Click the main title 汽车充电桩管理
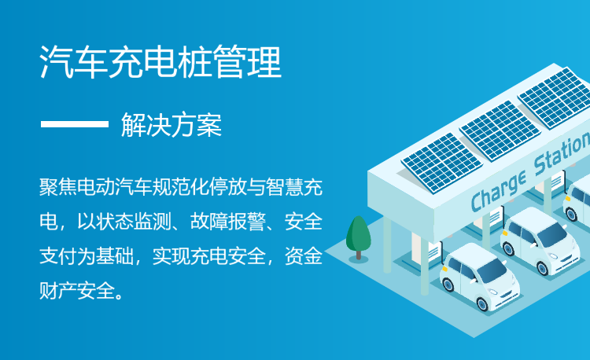click(160, 62)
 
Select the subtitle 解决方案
click(171, 125)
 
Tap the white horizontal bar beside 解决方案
click(75, 124)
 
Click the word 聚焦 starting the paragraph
click(58, 187)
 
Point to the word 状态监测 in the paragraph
click(134, 222)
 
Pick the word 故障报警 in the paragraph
click(227, 222)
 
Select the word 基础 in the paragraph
click(115, 256)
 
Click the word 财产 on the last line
click(58, 291)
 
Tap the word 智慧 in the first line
click(285, 187)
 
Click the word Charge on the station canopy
click(498, 191)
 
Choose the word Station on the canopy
click(562, 152)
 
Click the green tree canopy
click(358, 233)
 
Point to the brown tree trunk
click(359, 255)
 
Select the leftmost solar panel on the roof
click(442, 163)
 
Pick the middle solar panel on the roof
click(500, 130)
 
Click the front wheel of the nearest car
click(482, 303)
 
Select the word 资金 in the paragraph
click(304, 256)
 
